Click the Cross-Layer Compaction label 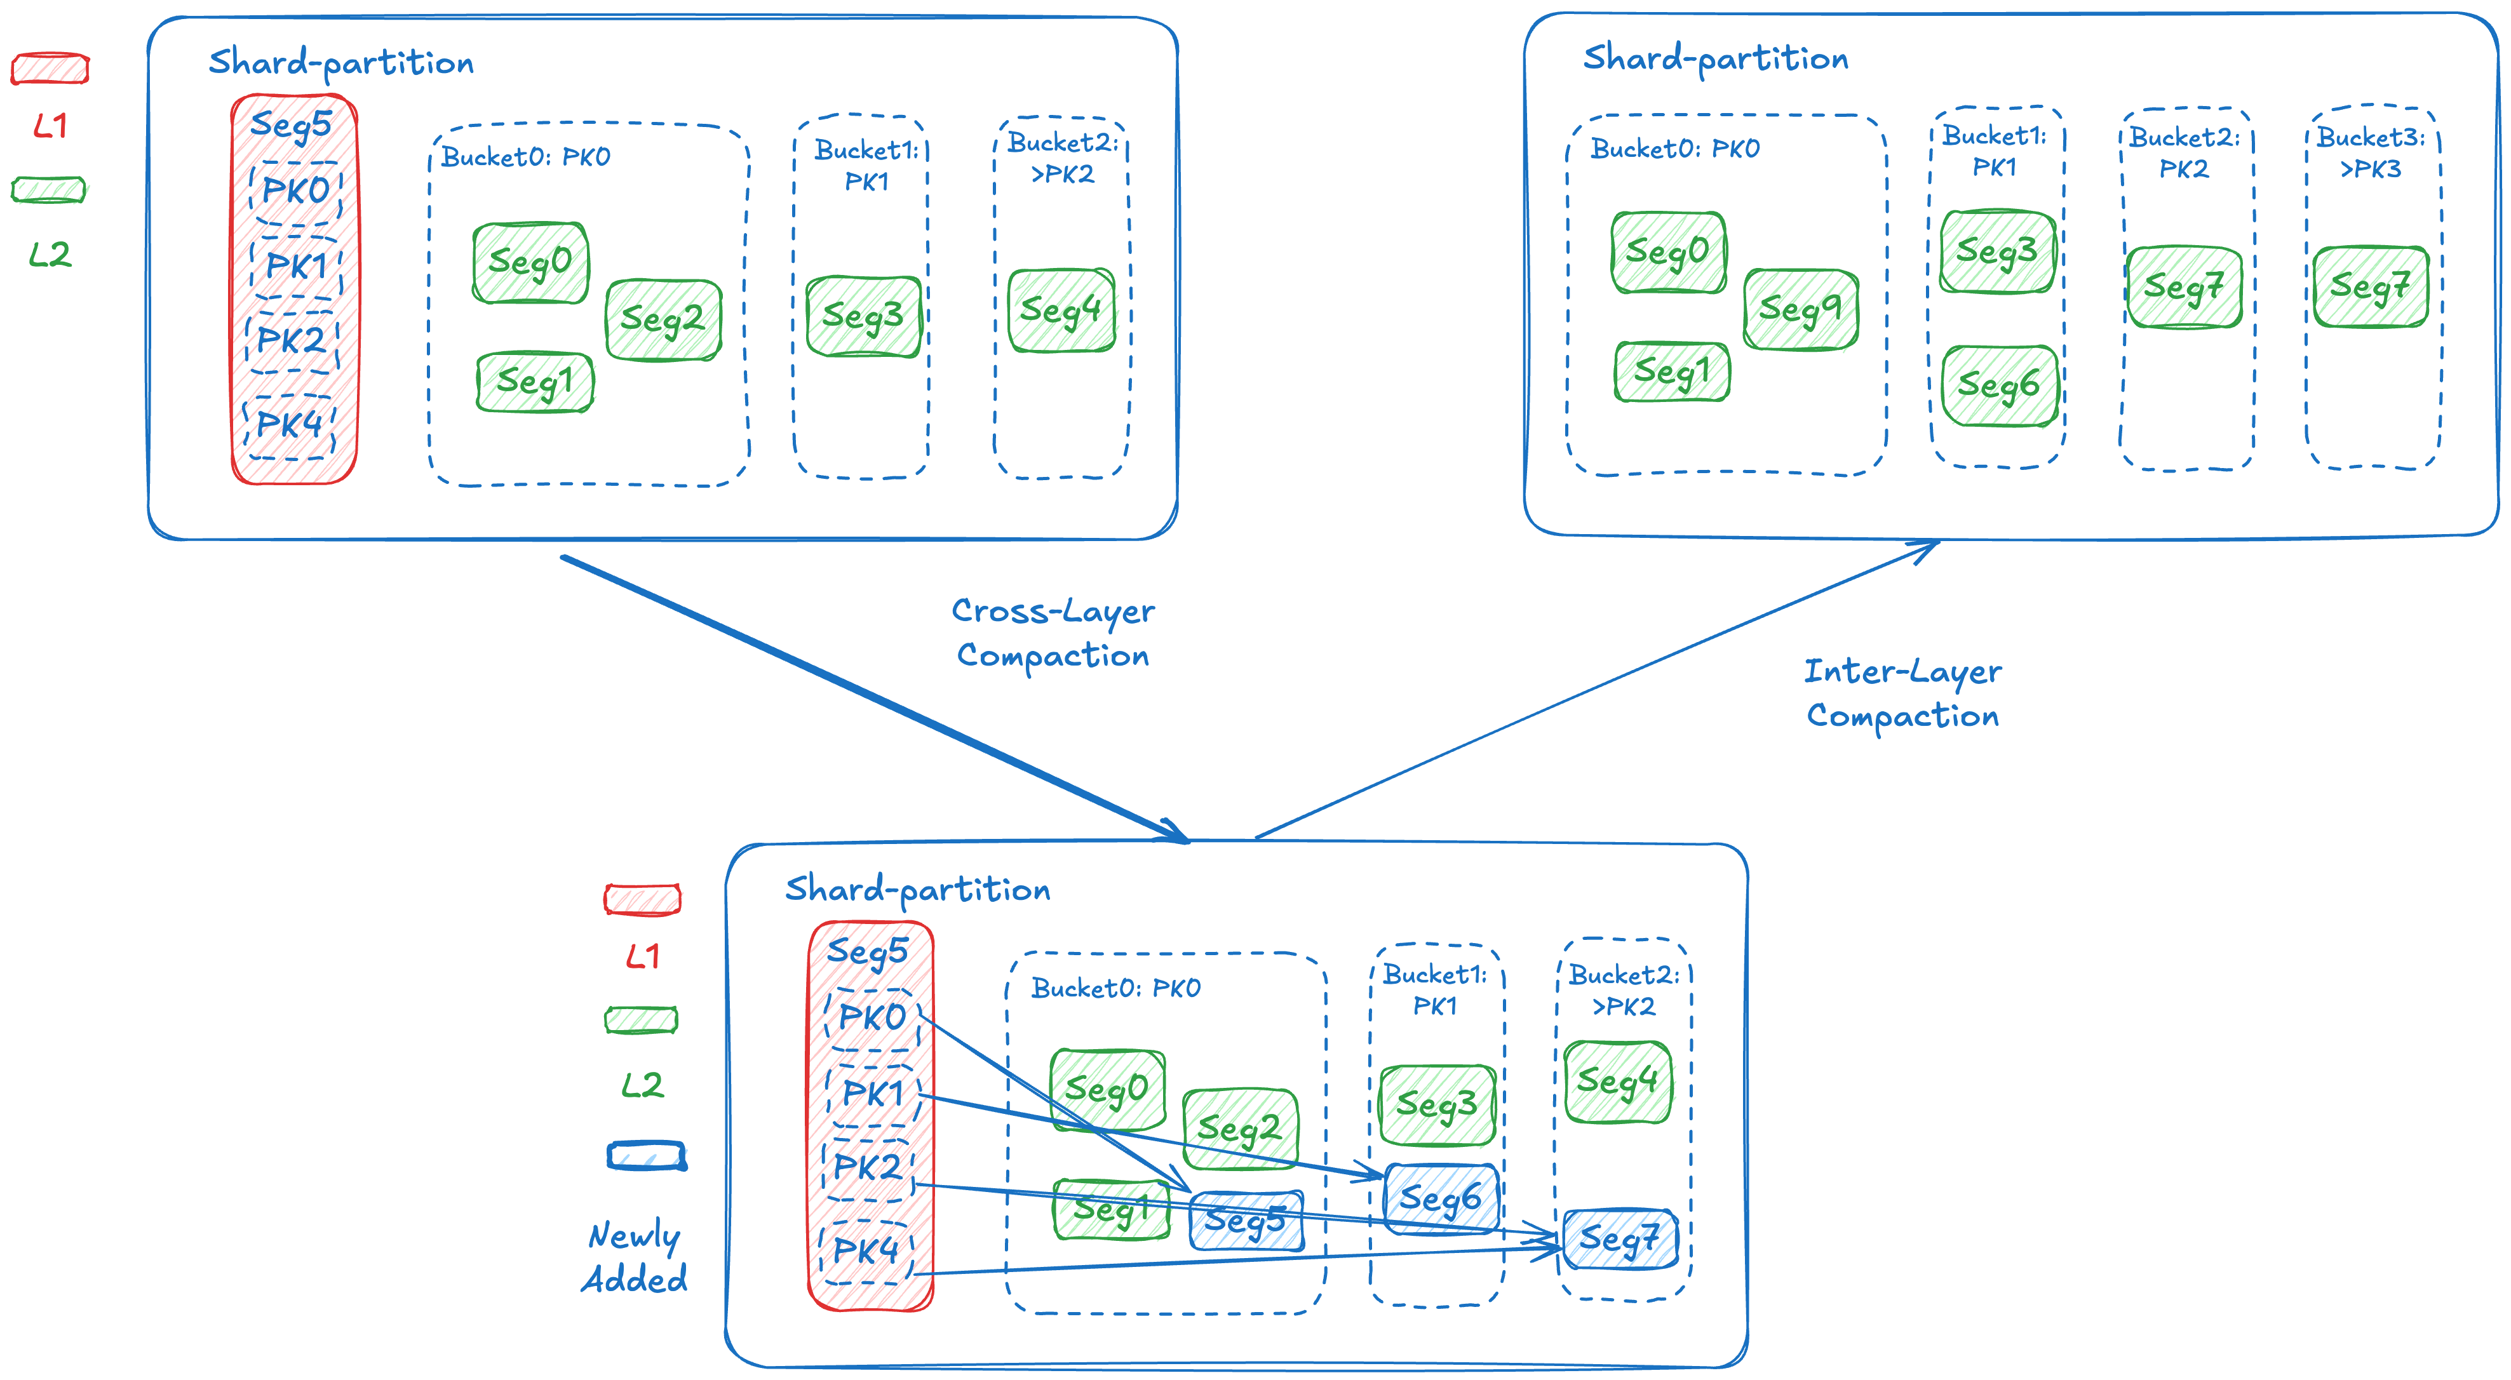pyautogui.click(x=1053, y=633)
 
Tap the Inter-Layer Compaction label pyautogui.click(x=1902, y=693)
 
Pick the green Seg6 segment pyautogui.click(x=1999, y=386)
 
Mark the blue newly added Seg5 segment pyautogui.click(x=1246, y=1220)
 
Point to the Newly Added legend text pyautogui.click(x=635, y=1257)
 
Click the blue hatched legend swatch pyautogui.click(x=646, y=1157)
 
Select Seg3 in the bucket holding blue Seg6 pyautogui.click(x=1437, y=1105)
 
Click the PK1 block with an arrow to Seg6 pyautogui.click(x=873, y=1092)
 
